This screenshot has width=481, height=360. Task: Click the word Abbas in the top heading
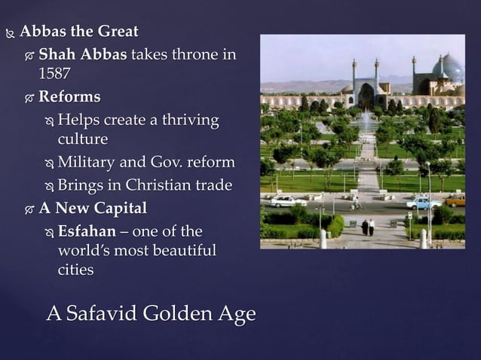(43, 32)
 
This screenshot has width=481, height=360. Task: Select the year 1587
(54, 74)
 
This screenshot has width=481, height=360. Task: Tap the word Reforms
(69, 96)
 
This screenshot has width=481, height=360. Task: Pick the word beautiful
(179, 250)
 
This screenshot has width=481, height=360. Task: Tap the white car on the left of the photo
(288, 201)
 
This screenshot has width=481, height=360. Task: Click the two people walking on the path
(367, 227)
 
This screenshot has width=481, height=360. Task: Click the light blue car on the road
(423, 201)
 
